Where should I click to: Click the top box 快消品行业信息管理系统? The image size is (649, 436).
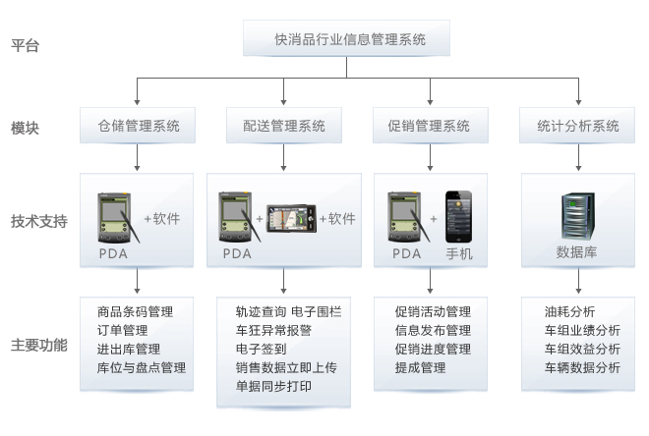click(349, 39)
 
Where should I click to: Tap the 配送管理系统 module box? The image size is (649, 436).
click(283, 126)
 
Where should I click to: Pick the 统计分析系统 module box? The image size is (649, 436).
click(578, 126)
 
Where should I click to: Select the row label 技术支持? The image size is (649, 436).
click(38, 221)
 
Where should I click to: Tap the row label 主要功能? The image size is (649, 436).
click(38, 346)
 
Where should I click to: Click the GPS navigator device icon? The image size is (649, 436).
click(292, 217)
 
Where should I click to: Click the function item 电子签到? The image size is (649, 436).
click(262, 349)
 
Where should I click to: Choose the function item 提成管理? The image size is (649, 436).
click(420, 367)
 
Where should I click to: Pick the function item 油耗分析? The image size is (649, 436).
click(569, 311)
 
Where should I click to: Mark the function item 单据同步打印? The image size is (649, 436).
click(274, 386)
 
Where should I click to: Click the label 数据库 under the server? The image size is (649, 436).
click(577, 252)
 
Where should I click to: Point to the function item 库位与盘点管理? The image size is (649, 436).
click(142, 367)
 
